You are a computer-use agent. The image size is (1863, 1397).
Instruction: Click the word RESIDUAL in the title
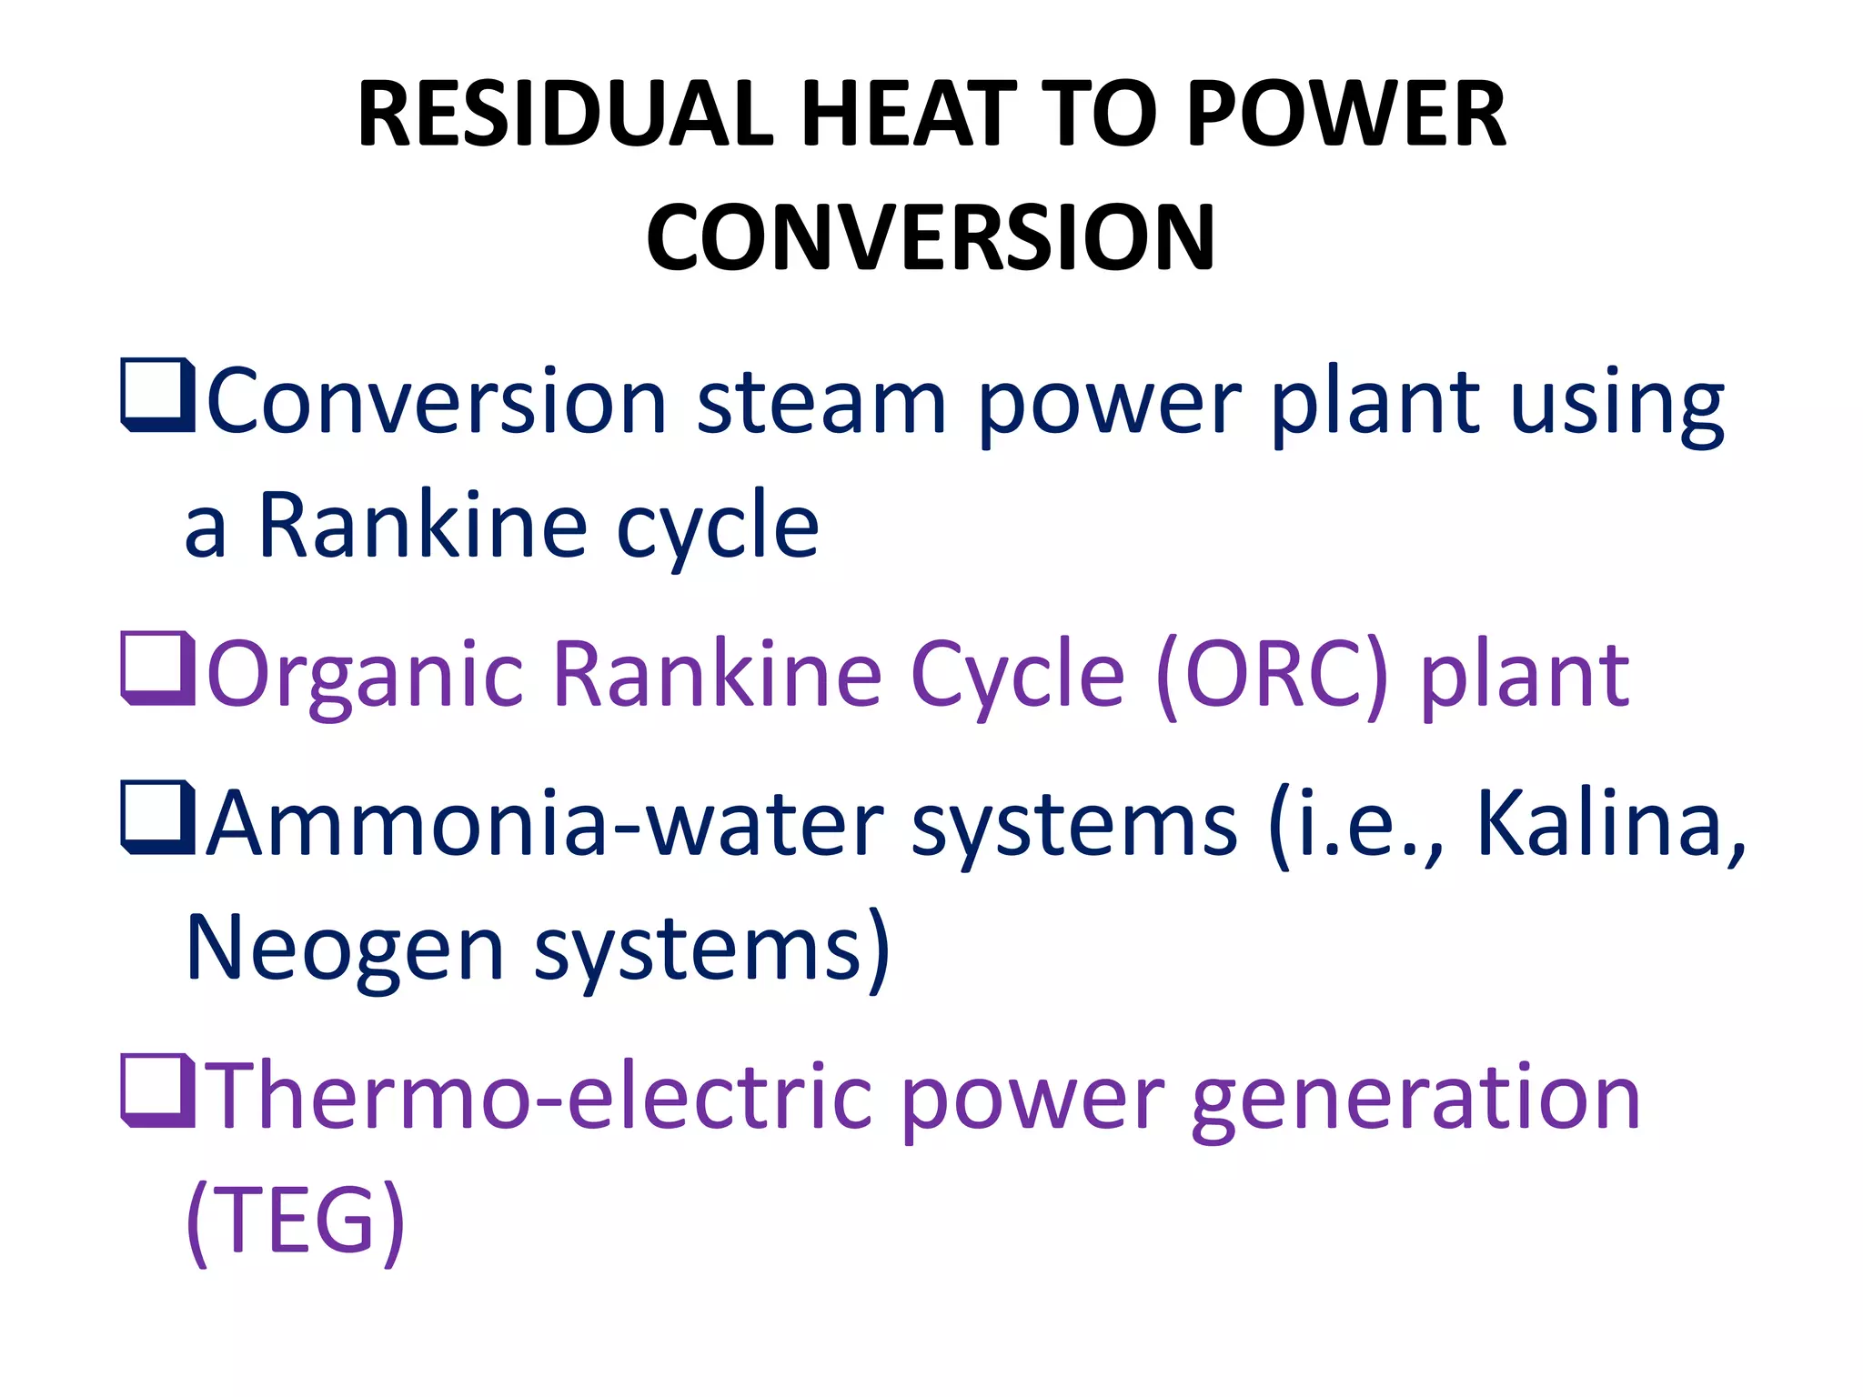click(x=564, y=115)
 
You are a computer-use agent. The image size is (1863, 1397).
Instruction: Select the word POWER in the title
click(x=1346, y=115)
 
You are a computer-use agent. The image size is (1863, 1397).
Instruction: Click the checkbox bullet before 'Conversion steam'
click(x=157, y=396)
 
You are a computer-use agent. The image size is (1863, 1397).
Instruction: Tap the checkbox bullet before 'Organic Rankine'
click(x=157, y=668)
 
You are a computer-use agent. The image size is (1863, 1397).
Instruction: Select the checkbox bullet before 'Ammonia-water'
click(x=157, y=818)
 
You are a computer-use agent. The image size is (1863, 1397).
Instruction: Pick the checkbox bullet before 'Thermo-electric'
click(x=157, y=1090)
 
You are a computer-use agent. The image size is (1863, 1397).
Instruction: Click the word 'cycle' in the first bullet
click(x=718, y=528)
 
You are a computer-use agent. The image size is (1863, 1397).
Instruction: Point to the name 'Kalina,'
click(x=1610, y=824)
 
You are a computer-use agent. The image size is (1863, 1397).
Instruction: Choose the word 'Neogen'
click(x=345, y=950)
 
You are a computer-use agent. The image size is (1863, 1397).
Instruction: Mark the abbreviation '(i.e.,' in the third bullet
click(x=1355, y=824)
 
